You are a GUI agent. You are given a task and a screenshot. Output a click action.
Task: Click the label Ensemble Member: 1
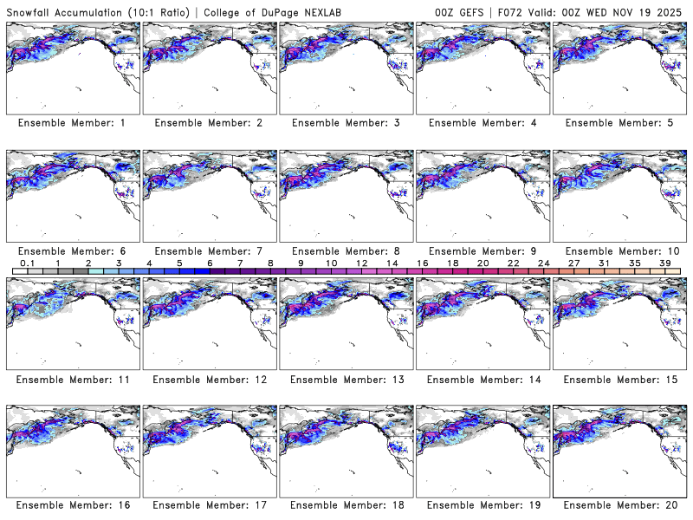(71, 123)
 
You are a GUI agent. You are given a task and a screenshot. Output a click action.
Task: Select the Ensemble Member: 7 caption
(208, 250)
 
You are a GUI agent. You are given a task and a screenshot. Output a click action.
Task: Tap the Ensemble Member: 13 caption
(345, 379)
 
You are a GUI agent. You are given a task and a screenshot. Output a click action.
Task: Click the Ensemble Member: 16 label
(71, 506)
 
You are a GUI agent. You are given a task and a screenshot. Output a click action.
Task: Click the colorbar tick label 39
(664, 263)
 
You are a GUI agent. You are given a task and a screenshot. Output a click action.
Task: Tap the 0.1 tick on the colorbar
(27, 263)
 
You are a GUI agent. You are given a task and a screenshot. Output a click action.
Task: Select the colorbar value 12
(361, 263)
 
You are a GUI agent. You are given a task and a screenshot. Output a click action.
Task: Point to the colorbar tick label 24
(543, 263)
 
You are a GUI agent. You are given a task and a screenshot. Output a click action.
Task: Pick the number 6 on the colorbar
(210, 263)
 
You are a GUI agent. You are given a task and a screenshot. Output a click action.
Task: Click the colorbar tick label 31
(604, 263)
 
